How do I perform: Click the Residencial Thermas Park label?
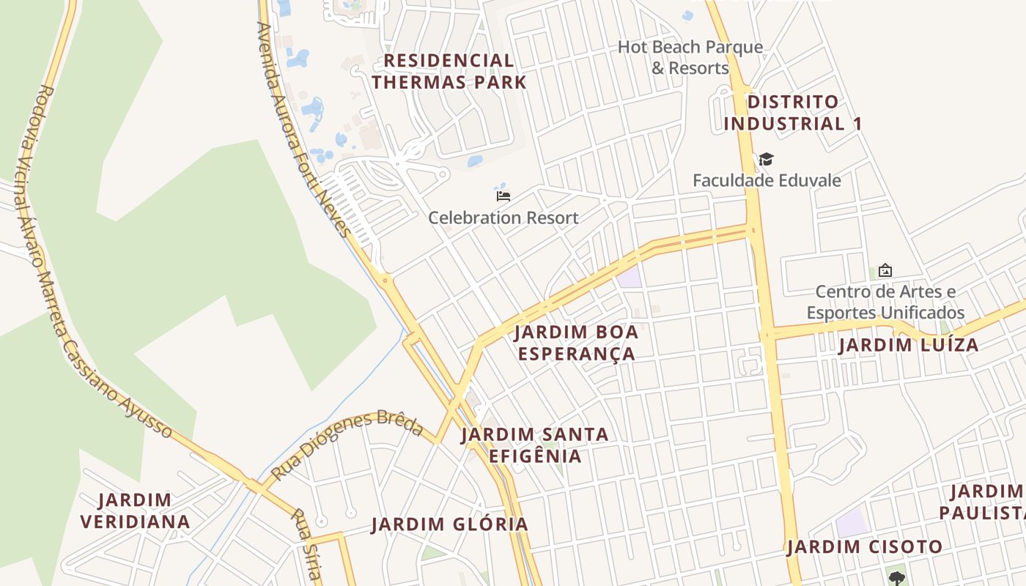pos(449,71)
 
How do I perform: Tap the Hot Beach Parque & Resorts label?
pos(690,58)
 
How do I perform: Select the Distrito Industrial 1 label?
pos(792,113)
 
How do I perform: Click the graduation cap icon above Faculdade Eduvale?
pos(767,159)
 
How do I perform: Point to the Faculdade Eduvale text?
pos(767,180)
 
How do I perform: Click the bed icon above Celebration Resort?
pos(503,196)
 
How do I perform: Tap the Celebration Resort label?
pos(503,218)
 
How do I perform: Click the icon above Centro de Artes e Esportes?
pos(885,270)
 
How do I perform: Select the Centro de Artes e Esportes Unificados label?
pos(885,303)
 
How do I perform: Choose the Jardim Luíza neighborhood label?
pos(909,345)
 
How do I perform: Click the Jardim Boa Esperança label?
pos(576,343)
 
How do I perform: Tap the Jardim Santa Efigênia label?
pos(535,445)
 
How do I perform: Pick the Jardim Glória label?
pos(449,524)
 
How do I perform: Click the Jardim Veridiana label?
pos(136,511)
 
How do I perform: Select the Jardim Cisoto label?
pos(865,547)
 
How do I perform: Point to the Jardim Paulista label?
pos(982,502)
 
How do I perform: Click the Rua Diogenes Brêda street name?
pos(347,446)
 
